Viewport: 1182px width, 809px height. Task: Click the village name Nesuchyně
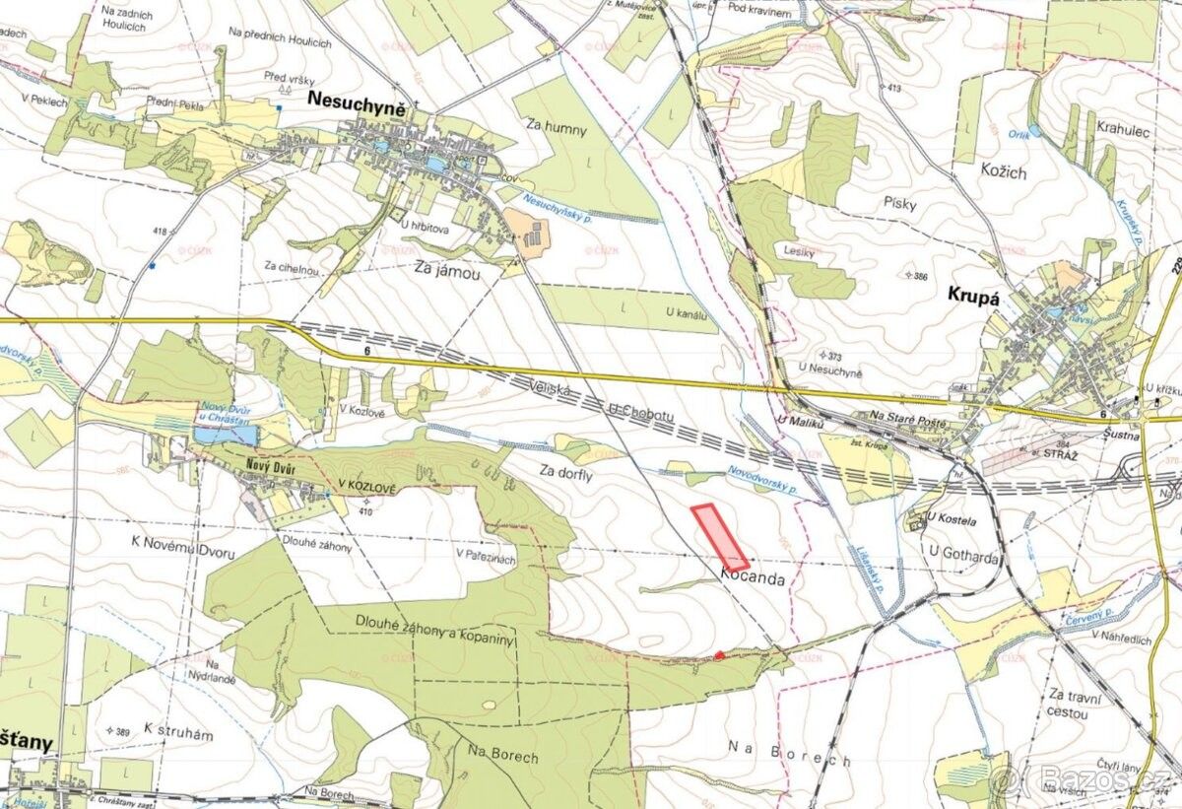click(x=357, y=99)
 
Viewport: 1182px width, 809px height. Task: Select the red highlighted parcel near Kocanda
click(x=720, y=537)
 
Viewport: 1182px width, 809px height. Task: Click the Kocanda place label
click(x=753, y=579)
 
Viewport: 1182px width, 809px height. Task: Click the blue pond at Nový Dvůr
click(x=224, y=435)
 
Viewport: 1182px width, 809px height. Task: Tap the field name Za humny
click(x=556, y=128)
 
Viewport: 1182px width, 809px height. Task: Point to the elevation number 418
click(x=159, y=231)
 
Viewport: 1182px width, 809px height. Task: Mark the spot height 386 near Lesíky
click(x=921, y=277)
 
